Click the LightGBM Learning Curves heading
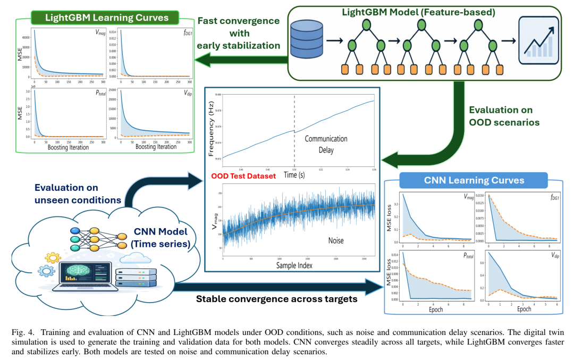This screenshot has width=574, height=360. [107, 18]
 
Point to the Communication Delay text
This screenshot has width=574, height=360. [326, 145]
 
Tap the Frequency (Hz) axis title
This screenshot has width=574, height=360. [212, 127]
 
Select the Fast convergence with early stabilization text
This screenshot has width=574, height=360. [239, 33]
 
